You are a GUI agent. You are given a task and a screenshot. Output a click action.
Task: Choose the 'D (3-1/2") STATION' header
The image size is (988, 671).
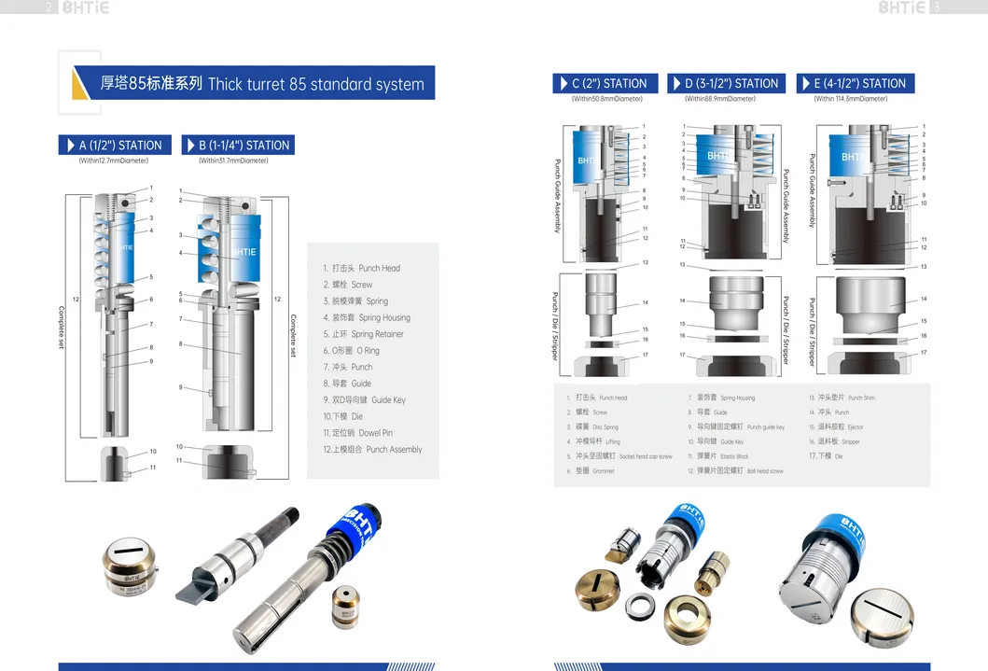723,83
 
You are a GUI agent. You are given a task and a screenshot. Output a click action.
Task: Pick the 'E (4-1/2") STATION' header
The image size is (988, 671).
856,83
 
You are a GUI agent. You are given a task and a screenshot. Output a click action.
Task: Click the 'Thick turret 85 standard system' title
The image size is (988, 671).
315,84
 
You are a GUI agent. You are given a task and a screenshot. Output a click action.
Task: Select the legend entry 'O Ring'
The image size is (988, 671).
351,351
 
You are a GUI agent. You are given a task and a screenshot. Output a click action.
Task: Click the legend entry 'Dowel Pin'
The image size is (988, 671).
358,433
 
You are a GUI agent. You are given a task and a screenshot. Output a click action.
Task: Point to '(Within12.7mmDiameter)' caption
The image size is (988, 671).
113,161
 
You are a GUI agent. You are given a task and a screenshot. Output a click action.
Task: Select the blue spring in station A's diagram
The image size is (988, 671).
127,247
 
